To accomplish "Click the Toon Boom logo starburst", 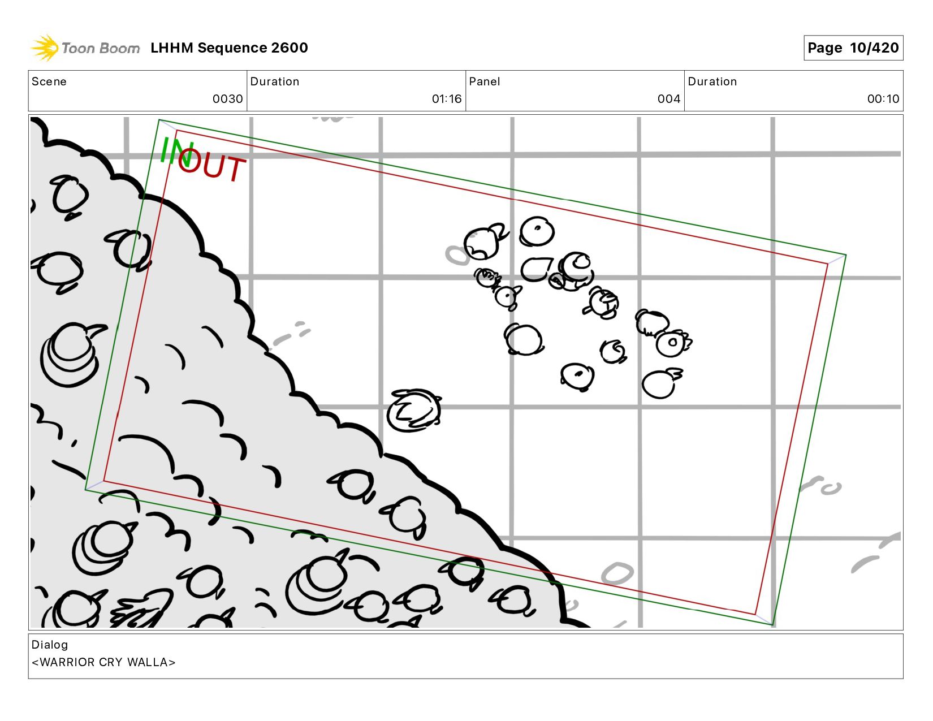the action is (45, 48).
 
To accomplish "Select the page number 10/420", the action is (874, 48).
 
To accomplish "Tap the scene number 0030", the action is (227, 99).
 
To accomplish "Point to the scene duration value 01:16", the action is (447, 99).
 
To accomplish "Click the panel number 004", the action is (668, 99).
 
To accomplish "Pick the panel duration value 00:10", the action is (883, 99).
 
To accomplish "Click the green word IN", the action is (176, 152).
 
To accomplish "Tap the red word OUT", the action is (211, 165).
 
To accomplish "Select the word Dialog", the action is (50, 645).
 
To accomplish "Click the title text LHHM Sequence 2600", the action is (229, 48).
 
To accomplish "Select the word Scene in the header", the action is (49, 81).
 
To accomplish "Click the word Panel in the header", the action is (485, 81).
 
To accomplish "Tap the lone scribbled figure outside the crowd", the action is (413, 410).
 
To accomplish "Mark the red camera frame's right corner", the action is (828, 264).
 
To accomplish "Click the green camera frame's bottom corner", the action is (773, 625).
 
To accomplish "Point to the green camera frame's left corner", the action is (85, 489).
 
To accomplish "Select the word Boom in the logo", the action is (120, 48).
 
